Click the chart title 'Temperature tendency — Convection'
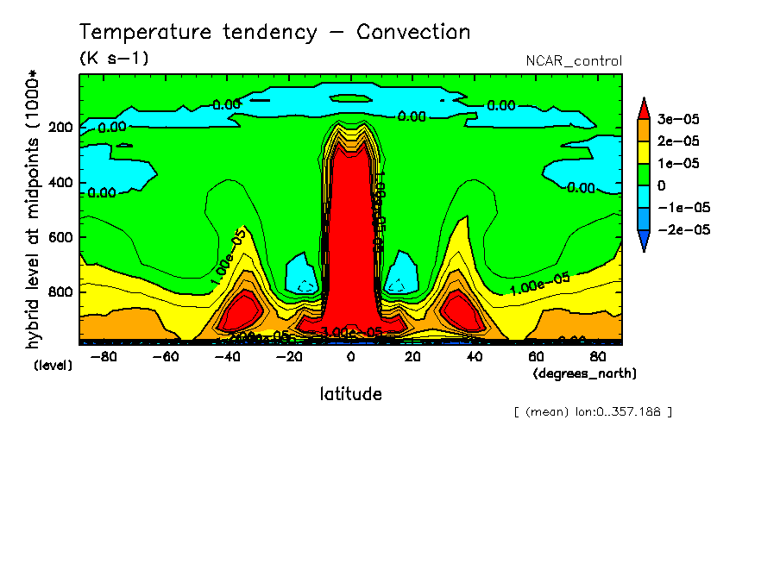[x=274, y=33]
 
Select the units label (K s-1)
[x=114, y=60]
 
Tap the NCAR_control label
[x=574, y=61]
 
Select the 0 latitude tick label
[x=350, y=357]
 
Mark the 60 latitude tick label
[x=536, y=357]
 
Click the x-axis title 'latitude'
[x=350, y=395]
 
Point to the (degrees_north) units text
[x=585, y=373]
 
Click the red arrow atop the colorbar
[x=644, y=107]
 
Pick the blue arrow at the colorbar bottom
[x=644, y=244]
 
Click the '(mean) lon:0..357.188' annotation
[x=592, y=412]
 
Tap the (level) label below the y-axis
[x=53, y=366]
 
